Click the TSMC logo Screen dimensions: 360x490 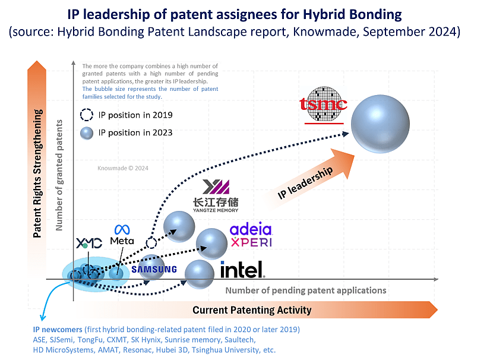tap(324, 105)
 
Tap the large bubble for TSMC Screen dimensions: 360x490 tap(380, 124)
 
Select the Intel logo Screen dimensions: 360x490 tap(242, 270)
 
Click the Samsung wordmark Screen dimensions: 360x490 tap(154, 270)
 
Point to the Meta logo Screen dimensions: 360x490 tap(122, 235)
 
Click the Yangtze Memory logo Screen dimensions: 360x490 tap(216, 195)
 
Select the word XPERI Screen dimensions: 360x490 tap(251, 242)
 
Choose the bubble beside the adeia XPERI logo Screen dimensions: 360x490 tap(211, 244)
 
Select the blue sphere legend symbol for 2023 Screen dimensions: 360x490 tap(87, 132)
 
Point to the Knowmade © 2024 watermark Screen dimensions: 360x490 tap(123, 168)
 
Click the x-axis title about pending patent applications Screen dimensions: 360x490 tap(305, 290)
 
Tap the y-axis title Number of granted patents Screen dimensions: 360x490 tap(59, 175)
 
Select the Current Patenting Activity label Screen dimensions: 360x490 tap(252, 310)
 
